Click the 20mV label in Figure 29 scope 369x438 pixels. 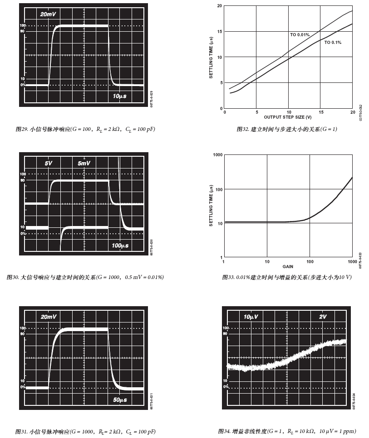48,14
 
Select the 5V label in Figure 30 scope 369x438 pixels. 49,163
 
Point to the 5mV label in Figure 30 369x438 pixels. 84,163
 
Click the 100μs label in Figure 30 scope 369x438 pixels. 120,245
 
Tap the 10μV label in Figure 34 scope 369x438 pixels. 251,317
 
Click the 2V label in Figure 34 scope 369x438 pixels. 322,317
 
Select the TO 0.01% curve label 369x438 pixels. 300,35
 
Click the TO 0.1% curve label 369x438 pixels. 333,42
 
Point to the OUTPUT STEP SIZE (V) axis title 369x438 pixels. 288,117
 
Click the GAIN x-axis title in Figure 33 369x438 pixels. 288,266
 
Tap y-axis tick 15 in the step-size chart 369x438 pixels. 220,32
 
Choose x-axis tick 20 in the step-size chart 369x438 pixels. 352,112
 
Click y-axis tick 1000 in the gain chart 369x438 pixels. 217,155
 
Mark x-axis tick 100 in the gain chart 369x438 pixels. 310,261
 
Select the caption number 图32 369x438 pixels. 243,130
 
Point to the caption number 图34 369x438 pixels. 224,431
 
